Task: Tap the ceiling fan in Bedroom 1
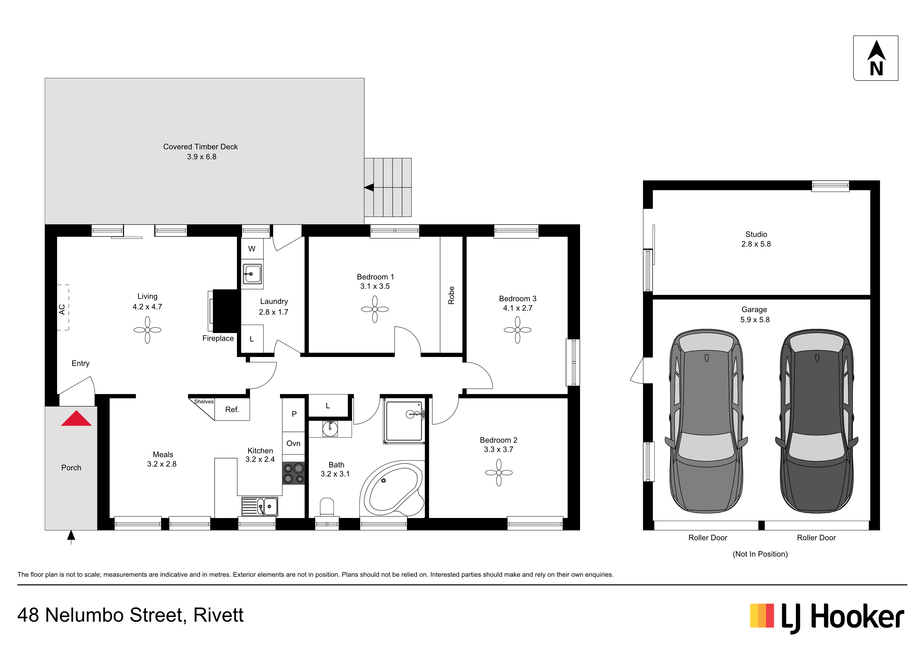click(x=375, y=309)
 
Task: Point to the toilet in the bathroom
click(x=327, y=507)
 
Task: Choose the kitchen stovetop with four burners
click(x=293, y=473)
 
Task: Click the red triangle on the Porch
click(x=76, y=418)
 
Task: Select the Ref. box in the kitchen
click(x=232, y=410)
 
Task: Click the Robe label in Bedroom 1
click(x=451, y=295)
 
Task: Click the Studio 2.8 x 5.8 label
click(x=756, y=239)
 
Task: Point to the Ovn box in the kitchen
click(x=293, y=443)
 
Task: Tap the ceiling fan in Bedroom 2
click(x=499, y=473)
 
